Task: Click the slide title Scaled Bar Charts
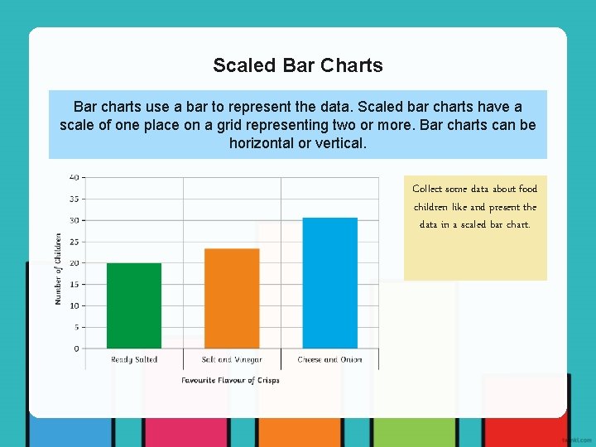click(297, 65)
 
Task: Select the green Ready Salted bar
click(134, 305)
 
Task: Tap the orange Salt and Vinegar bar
click(232, 298)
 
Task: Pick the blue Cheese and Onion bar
click(329, 283)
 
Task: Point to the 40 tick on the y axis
click(74, 177)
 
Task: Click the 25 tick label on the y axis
click(74, 242)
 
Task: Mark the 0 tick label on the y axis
click(76, 348)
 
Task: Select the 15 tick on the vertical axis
click(74, 285)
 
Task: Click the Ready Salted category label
click(134, 360)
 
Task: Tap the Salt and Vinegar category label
click(232, 360)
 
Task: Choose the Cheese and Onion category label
click(329, 360)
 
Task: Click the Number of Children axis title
click(58, 268)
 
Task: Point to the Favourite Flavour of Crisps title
click(230, 381)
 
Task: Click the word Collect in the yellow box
click(427, 189)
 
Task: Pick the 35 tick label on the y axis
click(74, 199)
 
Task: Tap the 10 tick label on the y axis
click(74, 305)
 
